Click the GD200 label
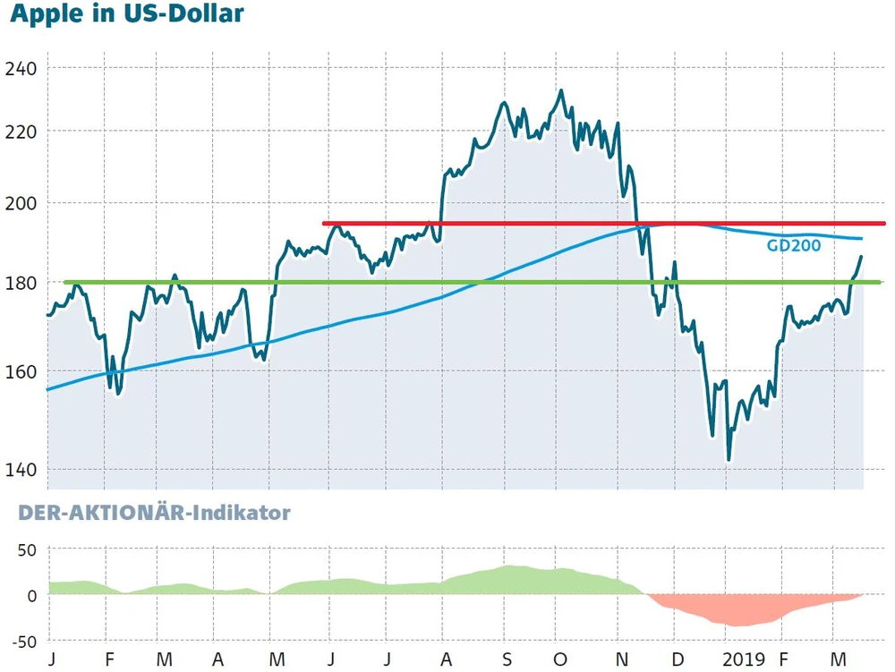coord(793,246)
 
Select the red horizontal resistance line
coord(537,224)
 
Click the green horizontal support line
coord(358,283)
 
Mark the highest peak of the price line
coord(561,90)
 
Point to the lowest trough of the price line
coord(729,460)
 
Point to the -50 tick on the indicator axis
coord(23,641)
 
